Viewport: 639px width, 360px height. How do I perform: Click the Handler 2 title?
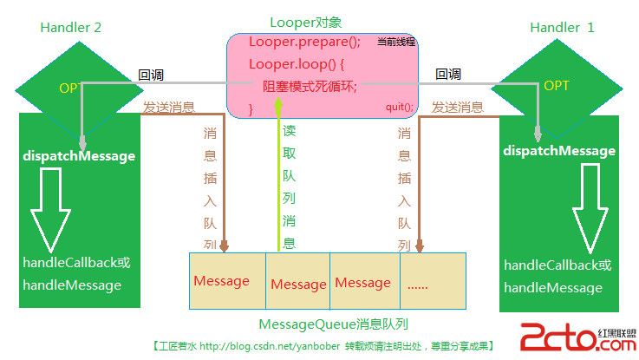(71, 28)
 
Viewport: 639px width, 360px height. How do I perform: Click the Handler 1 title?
(562, 28)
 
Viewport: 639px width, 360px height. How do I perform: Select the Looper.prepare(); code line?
(303, 42)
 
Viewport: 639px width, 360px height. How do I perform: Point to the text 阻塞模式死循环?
(310, 86)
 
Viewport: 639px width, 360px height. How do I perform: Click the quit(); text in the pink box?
(400, 107)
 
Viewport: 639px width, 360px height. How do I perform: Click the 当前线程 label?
(396, 42)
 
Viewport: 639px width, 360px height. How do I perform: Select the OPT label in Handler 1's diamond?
(556, 86)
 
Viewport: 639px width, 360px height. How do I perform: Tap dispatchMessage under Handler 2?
(78, 156)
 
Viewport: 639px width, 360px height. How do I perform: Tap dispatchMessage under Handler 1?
(559, 151)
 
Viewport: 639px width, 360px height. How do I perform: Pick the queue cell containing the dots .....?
(433, 283)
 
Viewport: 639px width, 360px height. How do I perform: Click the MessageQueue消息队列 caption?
(334, 324)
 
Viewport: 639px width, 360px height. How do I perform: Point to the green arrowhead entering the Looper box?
(278, 107)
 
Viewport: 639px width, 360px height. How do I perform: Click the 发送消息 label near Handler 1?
(457, 108)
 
